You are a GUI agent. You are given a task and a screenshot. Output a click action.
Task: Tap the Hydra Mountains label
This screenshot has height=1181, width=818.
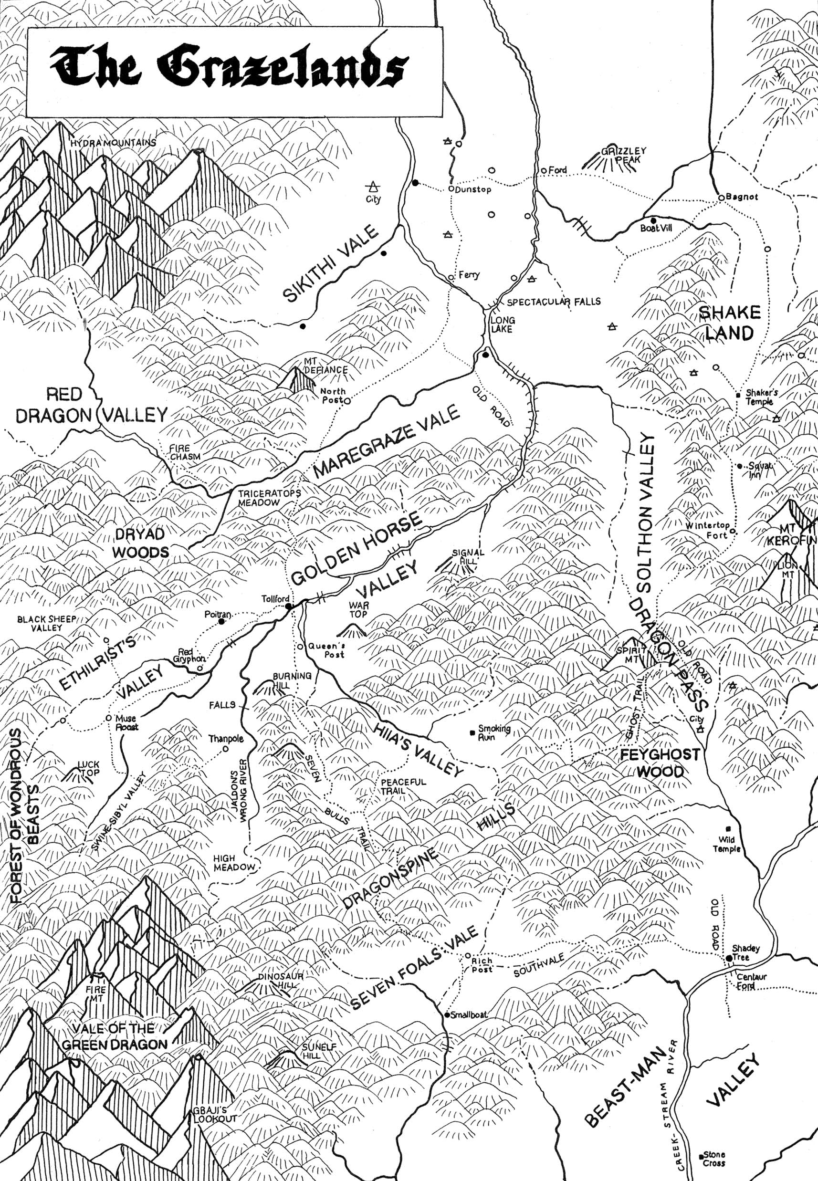point(113,143)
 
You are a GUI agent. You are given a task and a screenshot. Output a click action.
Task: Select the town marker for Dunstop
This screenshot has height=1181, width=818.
point(451,189)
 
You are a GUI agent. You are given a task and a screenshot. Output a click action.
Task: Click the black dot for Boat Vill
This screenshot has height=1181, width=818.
point(653,220)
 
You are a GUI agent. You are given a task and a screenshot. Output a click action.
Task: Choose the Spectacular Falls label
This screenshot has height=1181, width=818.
point(554,302)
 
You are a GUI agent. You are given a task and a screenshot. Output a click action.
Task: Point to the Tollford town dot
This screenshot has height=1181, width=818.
point(289,606)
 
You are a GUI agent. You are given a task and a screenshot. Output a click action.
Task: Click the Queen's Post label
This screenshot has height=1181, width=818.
point(326,650)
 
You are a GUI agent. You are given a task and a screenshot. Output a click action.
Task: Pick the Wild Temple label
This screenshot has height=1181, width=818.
point(726,844)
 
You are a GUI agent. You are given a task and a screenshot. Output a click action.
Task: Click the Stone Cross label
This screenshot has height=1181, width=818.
point(714,1144)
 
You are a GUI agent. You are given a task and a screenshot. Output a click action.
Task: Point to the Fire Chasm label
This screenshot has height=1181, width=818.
point(185,452)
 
